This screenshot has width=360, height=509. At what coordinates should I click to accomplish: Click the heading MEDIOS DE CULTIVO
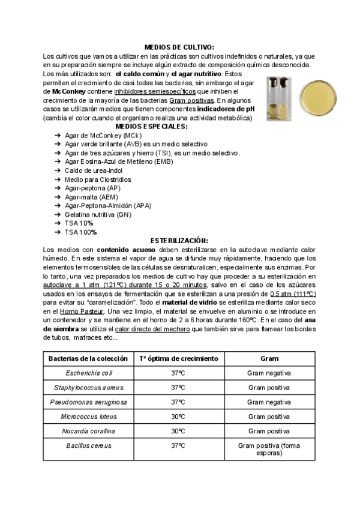[x=179, y=47]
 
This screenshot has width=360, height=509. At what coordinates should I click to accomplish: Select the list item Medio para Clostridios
[x=98, y=179]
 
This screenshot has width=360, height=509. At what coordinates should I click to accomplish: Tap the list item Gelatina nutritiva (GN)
[x=98, y=214]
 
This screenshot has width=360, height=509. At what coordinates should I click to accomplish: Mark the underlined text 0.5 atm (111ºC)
[x=293, y=294]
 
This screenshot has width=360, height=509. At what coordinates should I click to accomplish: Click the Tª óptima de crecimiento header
[x=178, y=358]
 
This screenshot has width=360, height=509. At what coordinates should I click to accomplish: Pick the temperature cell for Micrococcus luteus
[x=178, y=416]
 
